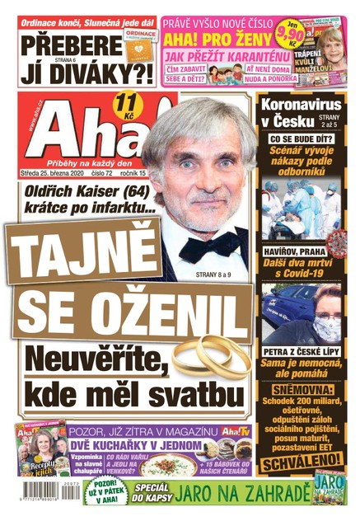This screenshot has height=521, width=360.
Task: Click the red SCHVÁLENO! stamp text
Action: [301, 459]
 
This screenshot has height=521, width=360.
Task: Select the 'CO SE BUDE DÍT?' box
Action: [301, 139]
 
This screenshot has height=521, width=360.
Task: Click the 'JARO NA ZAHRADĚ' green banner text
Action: [239, 493]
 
